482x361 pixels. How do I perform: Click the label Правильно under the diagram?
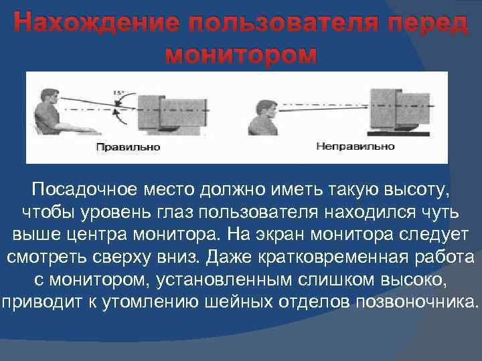129,146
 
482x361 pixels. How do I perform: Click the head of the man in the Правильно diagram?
48,96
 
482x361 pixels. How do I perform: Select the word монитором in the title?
240,53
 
